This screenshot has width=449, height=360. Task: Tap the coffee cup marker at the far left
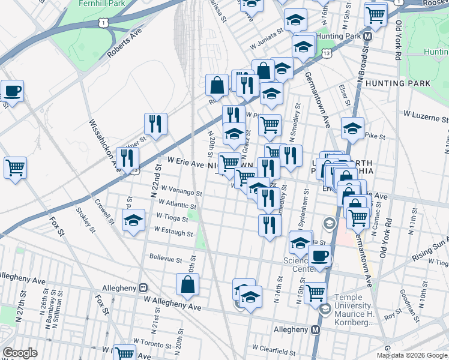13,91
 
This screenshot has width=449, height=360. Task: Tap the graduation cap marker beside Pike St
352,128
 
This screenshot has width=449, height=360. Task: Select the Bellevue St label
166,259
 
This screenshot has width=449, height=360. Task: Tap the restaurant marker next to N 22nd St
155,124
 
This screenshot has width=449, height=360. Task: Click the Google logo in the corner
20,353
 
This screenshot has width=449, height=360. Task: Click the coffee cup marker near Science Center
319,256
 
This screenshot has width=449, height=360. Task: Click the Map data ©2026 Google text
411,355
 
